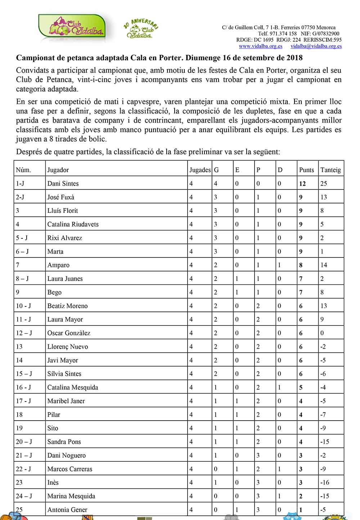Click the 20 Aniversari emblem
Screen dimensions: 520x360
click(x=141, y=29)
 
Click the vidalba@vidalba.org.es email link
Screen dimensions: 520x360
click(x=316, y=46)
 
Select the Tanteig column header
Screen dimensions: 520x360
click(x=330, y=170)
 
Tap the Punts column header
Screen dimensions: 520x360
click(x=306, y=170)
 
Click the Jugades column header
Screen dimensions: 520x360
click(x=200, y=170)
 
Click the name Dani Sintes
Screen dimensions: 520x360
click(x=63, y=184)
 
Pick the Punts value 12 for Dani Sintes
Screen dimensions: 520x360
click(x=302, y=184)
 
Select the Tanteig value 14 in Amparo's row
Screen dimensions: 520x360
click(x=324, y=265)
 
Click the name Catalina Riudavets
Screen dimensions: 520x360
click(x=73, y=224)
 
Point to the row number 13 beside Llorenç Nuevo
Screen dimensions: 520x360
click(x=19, y=347)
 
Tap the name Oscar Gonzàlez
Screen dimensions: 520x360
click(x=69, y=333)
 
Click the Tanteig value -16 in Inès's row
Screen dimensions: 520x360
click(x=325, y=483)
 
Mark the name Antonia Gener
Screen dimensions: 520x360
click(x=67, y=510)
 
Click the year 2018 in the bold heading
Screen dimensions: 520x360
click(x=294, y=58)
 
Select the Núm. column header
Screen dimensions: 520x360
click(x=23, y=170)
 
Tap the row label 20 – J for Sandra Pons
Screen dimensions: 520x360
click(x=24, y=442)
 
